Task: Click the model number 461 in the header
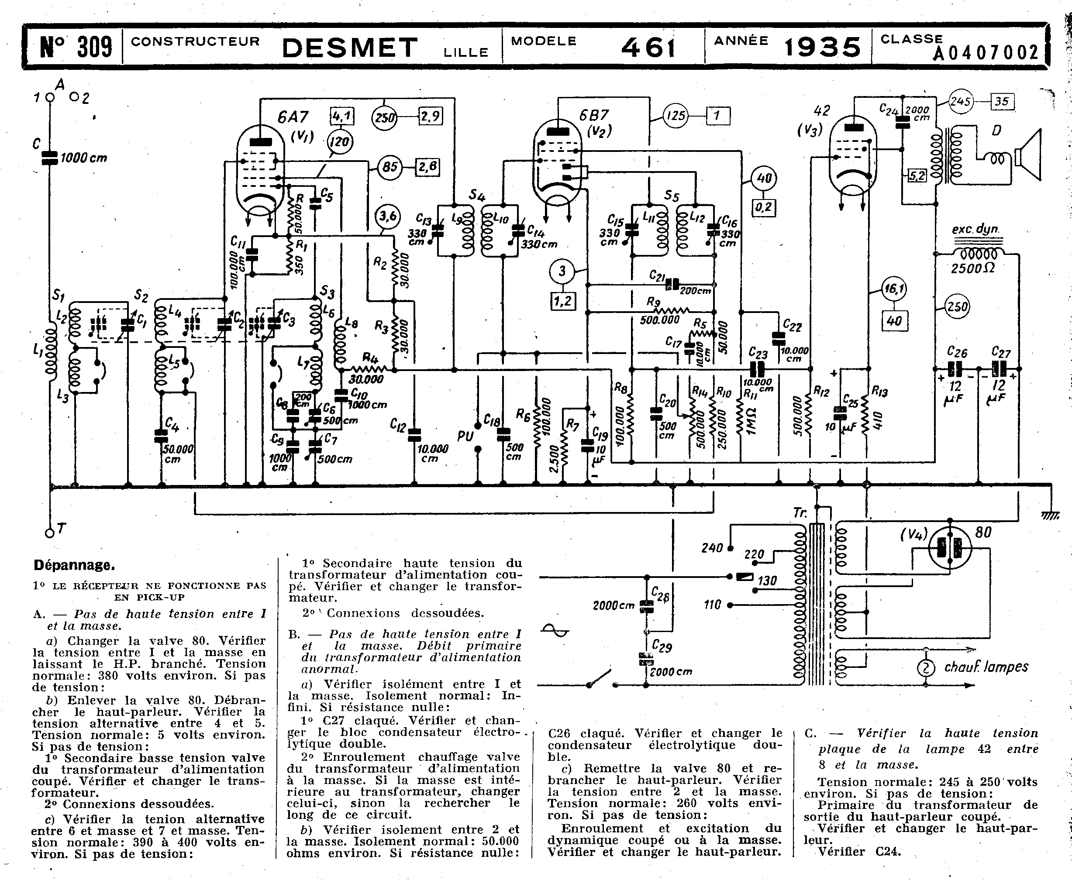[648, 47]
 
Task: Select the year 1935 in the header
[823, 47]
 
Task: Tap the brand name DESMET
[349, 48]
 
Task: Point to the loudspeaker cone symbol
[1029, 155]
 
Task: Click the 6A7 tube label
[293, 117]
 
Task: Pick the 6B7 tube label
[594, 116]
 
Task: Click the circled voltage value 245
[960, 102]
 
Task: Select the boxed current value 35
[1002, 101]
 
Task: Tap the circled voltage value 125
[676, 116]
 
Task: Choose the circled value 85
[390, 166]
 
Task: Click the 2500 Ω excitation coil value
[972, 268]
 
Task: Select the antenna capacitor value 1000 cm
[84, 158]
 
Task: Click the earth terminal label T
[61, 529]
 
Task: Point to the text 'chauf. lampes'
[986, 667]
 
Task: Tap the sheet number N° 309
[76, 47]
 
